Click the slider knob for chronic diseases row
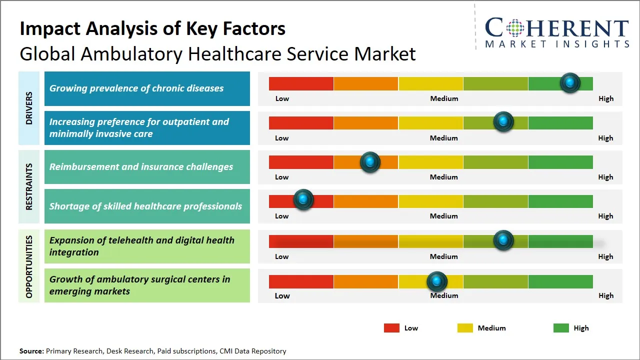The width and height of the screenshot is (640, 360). pyautogui.click(x=570, y=83)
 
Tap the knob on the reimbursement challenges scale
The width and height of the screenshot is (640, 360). pyautogui.click(x=370, y=162)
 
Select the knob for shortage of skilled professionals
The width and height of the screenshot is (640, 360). pyautogui.click(x=303, y=199)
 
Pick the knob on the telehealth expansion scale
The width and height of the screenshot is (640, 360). pyautogui.click(x=503, y=240)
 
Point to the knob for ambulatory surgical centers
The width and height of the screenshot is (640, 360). pyautogui.click(x=437, y=282)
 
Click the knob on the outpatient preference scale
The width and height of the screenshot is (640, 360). pyautogui.click(x=503, y=121)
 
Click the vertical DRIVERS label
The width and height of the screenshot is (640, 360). pyautogui.click(x=29, y=108)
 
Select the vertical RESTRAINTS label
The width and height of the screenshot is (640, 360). pyautogui.click(x=29, y=186)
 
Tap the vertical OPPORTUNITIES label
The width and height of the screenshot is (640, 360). pyautogui.click(x=29, y=266)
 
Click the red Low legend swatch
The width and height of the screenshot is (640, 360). pyautogui.click(x=391, y=328)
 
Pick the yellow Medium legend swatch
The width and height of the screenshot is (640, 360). pyautogui.click(x=465, y=328)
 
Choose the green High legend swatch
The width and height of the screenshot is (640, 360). pyautogui.click(x=561, y=328)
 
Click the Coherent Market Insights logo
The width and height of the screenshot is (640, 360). pyautogui.click(x=556, y=33)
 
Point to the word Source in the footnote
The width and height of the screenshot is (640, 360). pyautogui.click(x=31, y=351)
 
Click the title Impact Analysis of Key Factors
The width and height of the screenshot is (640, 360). pyautogui.click(x=152, y=29)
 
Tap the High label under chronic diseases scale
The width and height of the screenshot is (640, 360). pyautogui.click(x=605, y=98)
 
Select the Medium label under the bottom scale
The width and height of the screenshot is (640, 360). pyautogui.click(x=444, y=295)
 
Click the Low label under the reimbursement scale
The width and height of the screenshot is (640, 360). pyautogui.click(x=282, y=177)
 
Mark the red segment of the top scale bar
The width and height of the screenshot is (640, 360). pyautogui.click(x=301, y=83)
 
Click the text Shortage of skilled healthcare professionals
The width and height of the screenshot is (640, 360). pyautogui.click(x=145, y=206)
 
